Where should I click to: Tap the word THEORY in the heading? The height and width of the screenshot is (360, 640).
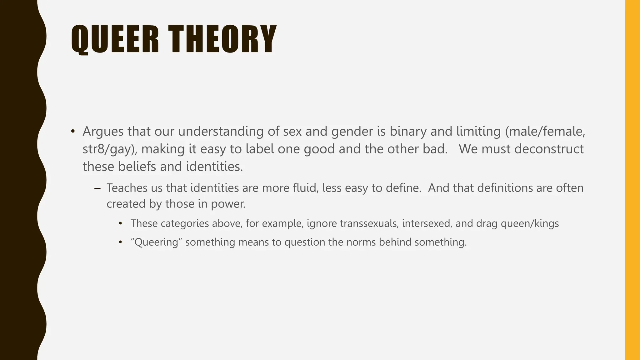pos(222,39)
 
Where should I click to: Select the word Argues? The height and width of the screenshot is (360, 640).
pos(103,132)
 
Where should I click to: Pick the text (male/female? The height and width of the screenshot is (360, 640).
pos(545,132)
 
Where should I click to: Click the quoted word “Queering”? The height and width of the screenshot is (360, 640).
pos(156,242)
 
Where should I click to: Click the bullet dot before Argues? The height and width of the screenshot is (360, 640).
pos(73,132)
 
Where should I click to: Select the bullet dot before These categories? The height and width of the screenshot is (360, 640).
pos(121,224)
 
